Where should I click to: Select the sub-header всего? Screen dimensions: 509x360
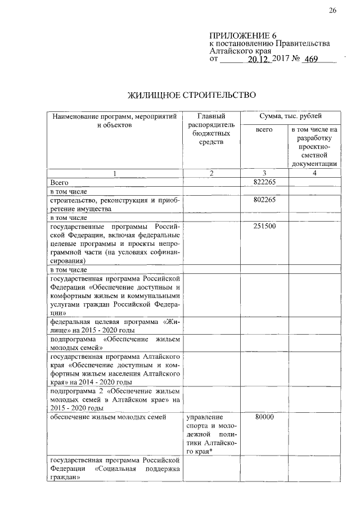264,130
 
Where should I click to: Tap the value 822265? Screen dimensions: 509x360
264,182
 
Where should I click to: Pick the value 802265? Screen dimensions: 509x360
264,200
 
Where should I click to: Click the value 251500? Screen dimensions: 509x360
264,226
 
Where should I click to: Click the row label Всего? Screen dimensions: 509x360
59,182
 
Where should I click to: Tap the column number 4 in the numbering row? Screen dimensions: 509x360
314,173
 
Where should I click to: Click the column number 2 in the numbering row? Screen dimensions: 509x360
211,173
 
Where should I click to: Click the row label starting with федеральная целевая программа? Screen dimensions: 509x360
115,326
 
